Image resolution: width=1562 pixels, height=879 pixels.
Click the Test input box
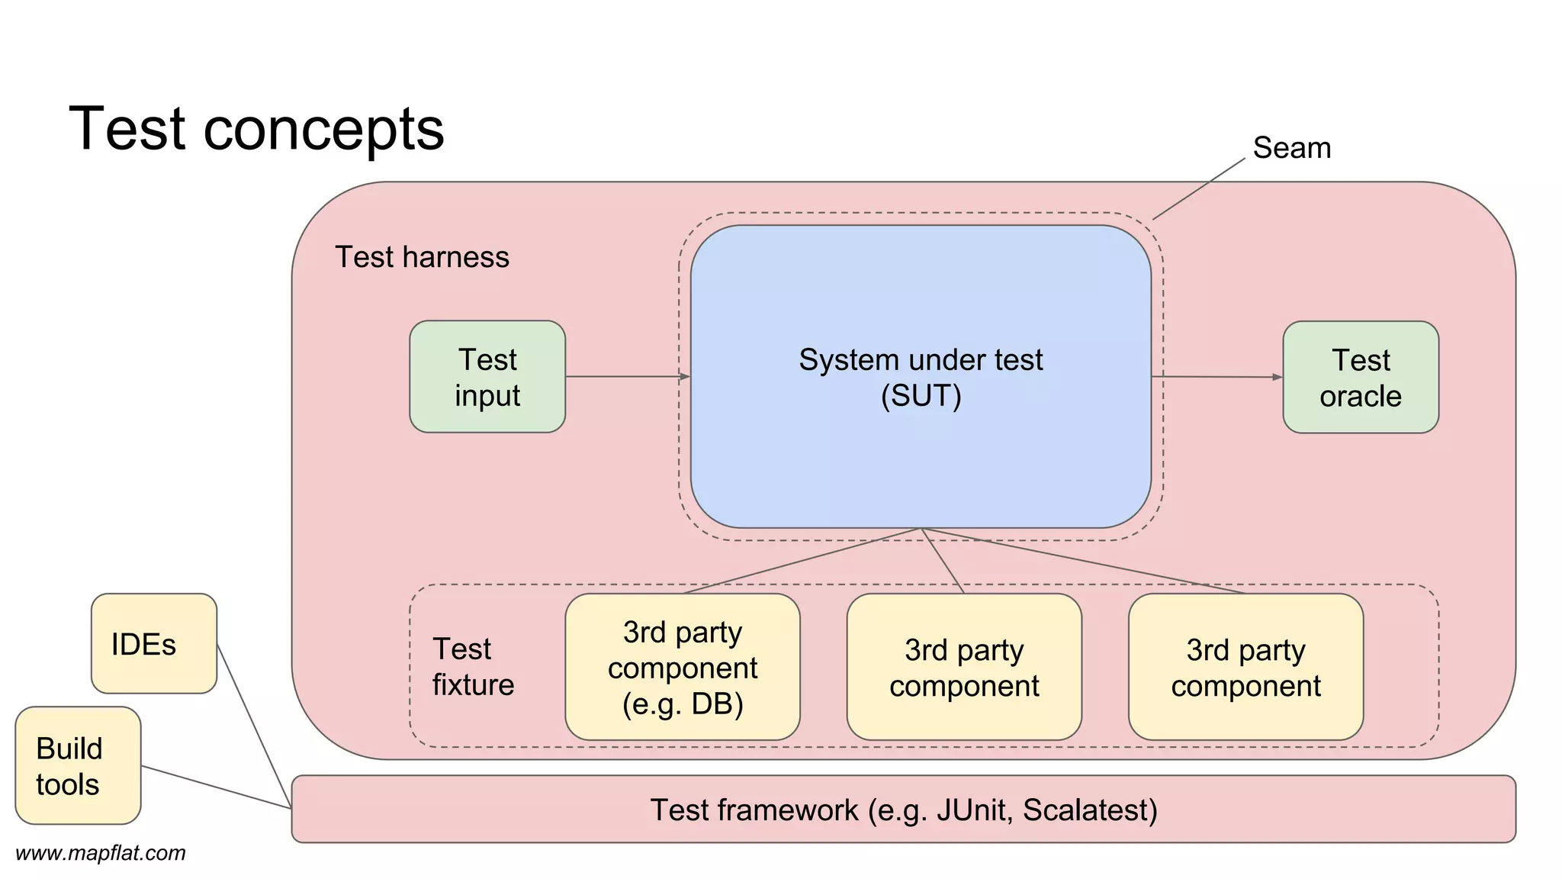[x=487, y=377]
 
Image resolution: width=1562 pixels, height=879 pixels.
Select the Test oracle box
[x=1361, y=378]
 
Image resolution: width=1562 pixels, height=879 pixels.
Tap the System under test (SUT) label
[x=921, y=377]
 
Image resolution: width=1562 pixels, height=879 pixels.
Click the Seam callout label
[x=1291, y=148]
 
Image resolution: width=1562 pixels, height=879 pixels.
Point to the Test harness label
[x=422, y=257]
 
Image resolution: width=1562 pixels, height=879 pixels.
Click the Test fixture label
[x=473, y=666]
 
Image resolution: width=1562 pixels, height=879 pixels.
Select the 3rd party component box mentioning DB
[x=683, y=667]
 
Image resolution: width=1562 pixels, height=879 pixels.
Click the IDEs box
[x=154, y=644]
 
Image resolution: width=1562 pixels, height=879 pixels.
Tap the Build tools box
[x=78, y=765]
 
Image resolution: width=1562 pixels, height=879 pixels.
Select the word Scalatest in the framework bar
[x=1089, y=810]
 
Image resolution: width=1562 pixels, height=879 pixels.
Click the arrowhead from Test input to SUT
[x=684, y=376]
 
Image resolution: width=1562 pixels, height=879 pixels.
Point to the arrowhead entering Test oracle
[x=1278, y=377]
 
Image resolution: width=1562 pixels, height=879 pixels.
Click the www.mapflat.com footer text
[x=101, y=853]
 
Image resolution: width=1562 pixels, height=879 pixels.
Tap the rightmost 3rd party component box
[x=1245, y=667]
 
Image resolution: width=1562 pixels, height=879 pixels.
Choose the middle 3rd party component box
[x=964, y=667]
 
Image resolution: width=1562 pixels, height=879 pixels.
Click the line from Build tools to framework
[x=216, y=787]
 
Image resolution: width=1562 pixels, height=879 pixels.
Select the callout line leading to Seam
[x=1199, y=189]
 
